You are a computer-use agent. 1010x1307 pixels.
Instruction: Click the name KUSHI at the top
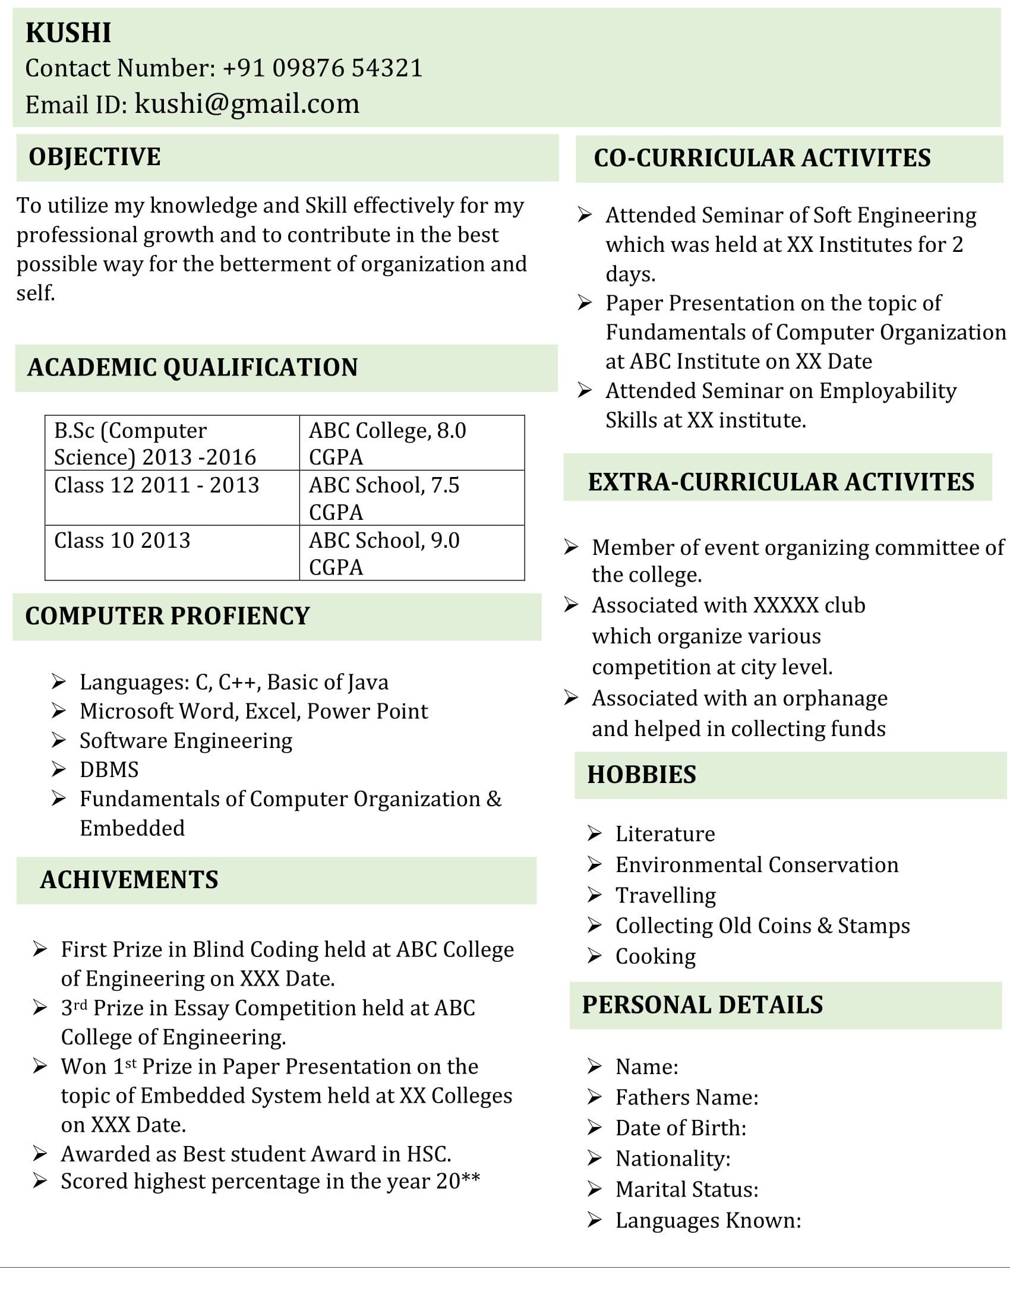pos(68,32)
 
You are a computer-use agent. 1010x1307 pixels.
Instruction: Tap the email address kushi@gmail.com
pos(247,103)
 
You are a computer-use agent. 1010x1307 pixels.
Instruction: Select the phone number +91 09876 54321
pos(323,68)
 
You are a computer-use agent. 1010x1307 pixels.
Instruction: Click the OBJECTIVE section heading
pos(94,157)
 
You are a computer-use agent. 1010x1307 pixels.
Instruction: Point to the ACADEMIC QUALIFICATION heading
pos(192,367)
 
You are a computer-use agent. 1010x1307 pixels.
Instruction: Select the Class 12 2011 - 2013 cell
pos(157,485)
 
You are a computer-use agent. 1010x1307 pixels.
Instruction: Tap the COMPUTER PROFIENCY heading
pos(168,616)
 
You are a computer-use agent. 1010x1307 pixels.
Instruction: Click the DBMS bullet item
pos(109,769)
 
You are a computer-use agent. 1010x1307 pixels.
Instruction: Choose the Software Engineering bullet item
pos(186,740)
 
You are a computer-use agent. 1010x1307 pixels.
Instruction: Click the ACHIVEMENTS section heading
pos(130,880)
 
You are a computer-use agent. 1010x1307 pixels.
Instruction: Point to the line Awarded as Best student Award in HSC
pos(256,1154)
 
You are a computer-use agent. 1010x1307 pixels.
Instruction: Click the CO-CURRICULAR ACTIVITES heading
pos(762,158)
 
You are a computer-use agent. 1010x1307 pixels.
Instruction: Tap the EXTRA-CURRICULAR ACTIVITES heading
pos(781,482)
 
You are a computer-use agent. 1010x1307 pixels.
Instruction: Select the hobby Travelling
pos(665,895)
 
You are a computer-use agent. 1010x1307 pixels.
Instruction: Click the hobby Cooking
pos(655,956)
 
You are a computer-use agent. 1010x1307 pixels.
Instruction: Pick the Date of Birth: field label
pos(681,1128)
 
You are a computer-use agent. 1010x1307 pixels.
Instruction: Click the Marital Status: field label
pos(687,1189)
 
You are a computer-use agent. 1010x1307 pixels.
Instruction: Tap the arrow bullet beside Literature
pos(594,833)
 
